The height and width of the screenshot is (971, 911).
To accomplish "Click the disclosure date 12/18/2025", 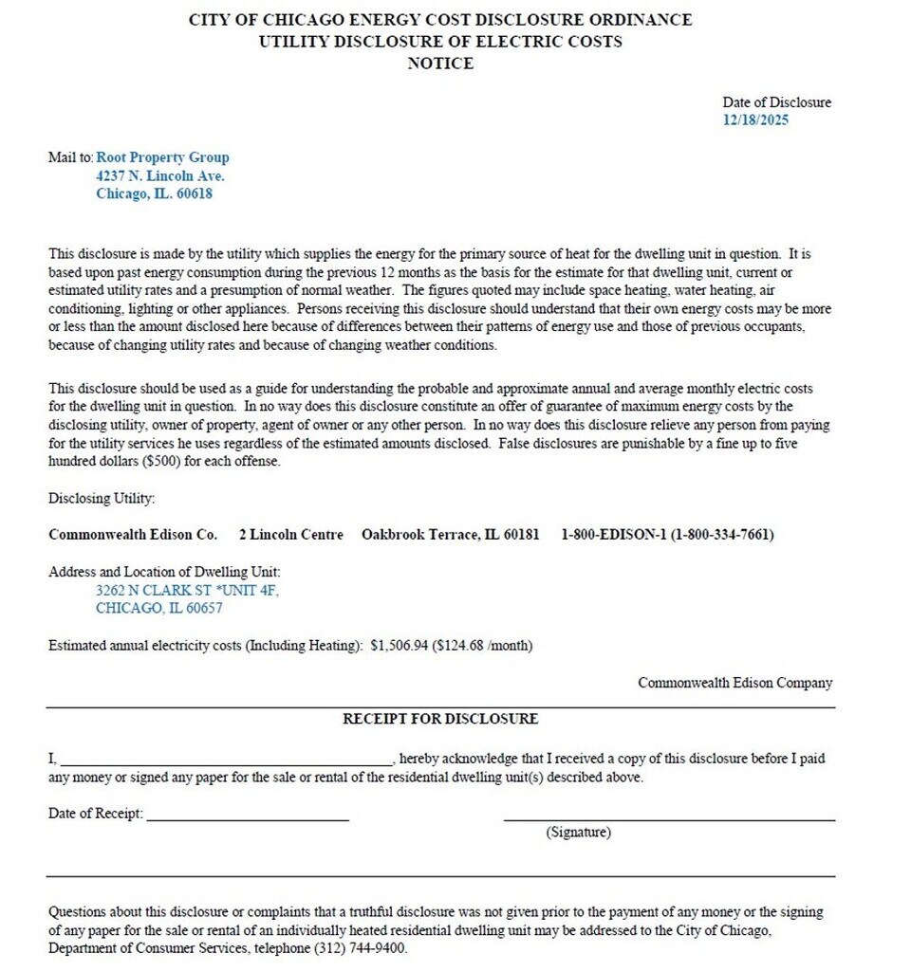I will [755, 120].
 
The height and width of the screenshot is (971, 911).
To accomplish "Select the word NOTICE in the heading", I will [440, 64].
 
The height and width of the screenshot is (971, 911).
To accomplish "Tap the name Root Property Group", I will [162, 157].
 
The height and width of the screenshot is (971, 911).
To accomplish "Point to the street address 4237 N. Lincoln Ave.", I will [160, 175].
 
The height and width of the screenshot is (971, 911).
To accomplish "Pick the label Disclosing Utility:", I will [102, 498].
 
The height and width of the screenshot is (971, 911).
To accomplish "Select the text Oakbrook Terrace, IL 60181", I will [450, 535].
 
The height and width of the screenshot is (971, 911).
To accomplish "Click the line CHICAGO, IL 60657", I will [159, 608].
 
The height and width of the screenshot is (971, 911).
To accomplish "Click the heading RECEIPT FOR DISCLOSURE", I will [440, 719].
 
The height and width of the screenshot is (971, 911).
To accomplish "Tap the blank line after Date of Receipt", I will [248, 815].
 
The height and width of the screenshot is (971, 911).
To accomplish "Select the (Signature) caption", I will [578, 833].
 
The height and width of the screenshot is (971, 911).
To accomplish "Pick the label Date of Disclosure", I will [776, 102].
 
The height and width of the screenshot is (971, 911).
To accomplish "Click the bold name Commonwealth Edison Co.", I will [133, 535].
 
